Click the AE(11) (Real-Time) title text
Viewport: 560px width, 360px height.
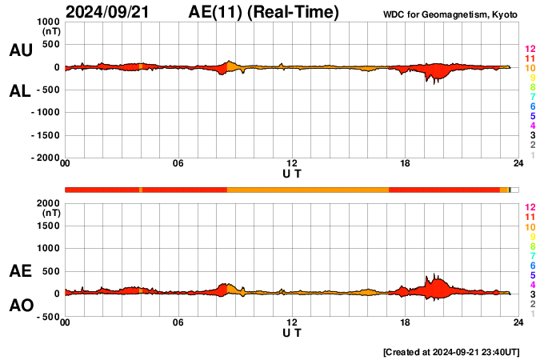point(263,12)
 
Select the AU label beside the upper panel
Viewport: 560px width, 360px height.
point(20,50)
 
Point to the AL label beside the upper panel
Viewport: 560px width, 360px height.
point(20,91)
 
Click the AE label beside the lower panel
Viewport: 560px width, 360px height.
point(20,271)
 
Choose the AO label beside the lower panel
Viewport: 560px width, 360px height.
point(20,306)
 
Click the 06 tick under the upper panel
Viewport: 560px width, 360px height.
point(178,164)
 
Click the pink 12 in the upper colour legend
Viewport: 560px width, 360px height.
point(530,49)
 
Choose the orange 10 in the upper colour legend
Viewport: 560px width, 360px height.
point(530,68)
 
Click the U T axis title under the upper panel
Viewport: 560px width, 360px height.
point(292,173)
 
